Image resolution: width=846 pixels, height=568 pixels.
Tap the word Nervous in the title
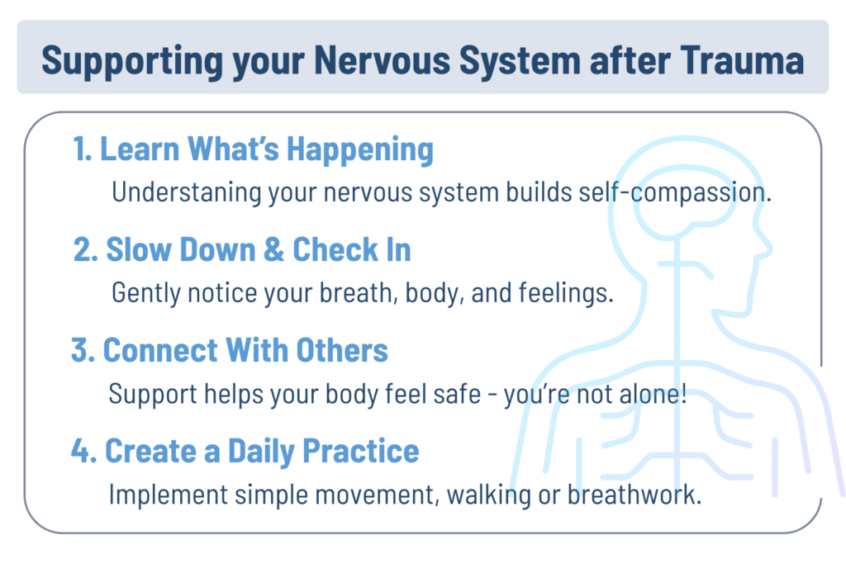coord(382,59)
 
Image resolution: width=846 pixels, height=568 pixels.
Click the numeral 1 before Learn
coord(82,149)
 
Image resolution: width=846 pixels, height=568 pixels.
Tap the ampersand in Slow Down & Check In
coord(274,249)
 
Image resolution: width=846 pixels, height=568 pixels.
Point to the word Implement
coord(168,495)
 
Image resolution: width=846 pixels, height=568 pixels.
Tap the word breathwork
coord(634,495)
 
